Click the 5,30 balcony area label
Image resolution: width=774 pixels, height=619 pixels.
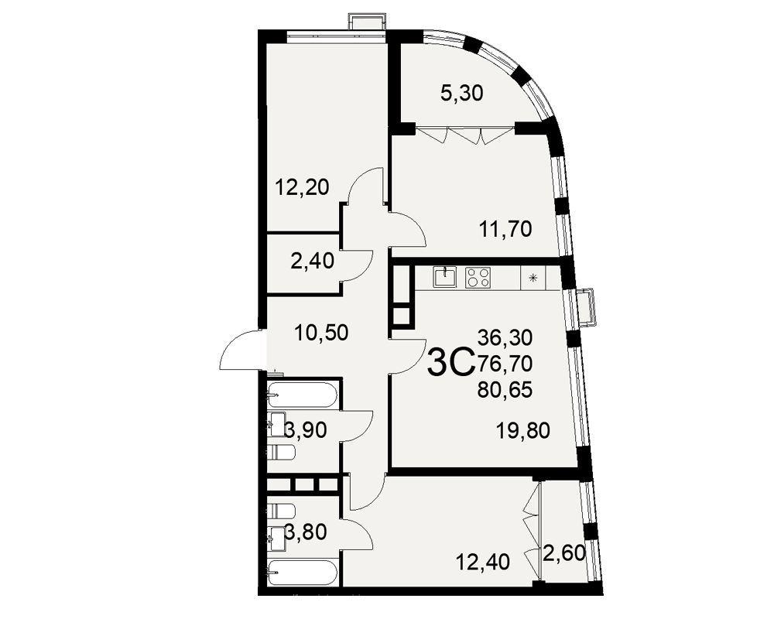coord(461,93)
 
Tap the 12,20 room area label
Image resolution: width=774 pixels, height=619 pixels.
coord(302,187)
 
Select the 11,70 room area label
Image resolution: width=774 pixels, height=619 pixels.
coord(505,229)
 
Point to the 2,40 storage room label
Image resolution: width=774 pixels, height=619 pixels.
coord(313,261)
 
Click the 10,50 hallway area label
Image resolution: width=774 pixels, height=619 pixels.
coord(321,333)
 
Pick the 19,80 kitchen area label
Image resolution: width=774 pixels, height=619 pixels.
coord(522,430)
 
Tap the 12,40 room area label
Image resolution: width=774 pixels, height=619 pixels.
coord(482,562)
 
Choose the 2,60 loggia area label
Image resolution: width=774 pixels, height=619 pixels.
coord(564,552)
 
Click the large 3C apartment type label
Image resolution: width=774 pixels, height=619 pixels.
coord(450,362)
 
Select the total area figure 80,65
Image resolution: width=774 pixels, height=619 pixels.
coord(505,390)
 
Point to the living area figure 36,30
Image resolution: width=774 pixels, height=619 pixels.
coord(505,337)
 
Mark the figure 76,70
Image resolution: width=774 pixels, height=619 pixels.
coord(505,364)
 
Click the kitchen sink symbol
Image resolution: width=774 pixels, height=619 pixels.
coord(446,277)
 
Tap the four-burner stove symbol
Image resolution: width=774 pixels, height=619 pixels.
coord(478,277)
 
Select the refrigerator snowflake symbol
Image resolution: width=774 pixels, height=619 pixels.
coord(533,278)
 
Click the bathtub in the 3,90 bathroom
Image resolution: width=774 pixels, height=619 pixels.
coord(303,395)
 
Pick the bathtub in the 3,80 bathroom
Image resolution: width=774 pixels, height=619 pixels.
coord(303,573)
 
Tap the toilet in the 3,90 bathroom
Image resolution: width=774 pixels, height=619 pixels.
coord(281,452)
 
